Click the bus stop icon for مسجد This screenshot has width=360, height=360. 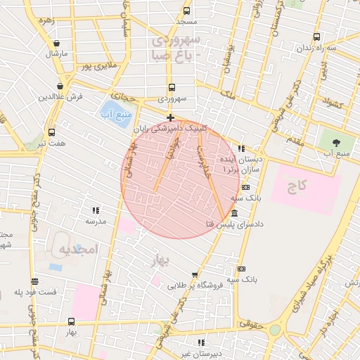click(186, 11)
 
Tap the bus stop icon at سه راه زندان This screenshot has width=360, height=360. click(316, 37)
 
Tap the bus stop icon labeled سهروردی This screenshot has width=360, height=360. click(172, 88)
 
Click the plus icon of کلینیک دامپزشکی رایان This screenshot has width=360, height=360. click(170, 117)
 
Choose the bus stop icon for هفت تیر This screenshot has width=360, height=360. click(51, 131)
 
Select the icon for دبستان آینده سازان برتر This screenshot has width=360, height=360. click(242, 149)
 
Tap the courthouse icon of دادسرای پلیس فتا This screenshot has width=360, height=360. click(233, 213)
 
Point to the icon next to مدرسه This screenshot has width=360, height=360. click(96, 210)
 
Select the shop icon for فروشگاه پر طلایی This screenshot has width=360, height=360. click(195, 274)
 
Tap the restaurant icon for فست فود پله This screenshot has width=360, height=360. click(34, 281)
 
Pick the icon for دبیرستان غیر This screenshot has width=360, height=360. click(202, 342)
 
